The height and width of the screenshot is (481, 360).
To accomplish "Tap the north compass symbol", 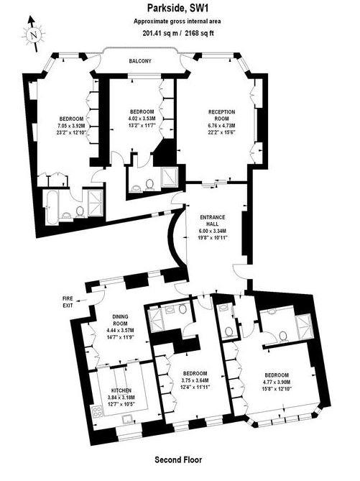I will (x=32, y=35).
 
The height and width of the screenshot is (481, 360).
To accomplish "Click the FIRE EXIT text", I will (x=69, y=301).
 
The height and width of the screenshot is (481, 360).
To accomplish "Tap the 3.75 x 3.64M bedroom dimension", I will (x=195, y=382).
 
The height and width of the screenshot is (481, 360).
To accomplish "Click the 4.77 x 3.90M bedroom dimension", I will (x=276, y=382).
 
